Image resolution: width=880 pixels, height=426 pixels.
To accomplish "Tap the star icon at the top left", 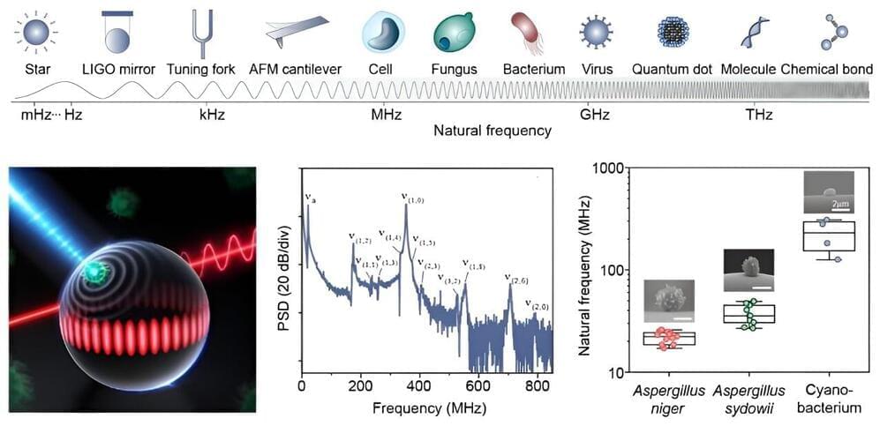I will pos(36,34).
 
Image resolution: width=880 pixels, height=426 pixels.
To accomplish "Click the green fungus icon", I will pos(454,34).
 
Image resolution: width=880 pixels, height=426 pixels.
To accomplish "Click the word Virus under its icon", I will pos(597,68).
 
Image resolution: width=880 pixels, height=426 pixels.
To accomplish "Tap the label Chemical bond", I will pos(827,68).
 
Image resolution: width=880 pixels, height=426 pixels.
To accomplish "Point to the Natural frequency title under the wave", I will pos(492,131).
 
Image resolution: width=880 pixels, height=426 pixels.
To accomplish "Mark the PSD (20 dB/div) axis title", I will pos(286,275).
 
